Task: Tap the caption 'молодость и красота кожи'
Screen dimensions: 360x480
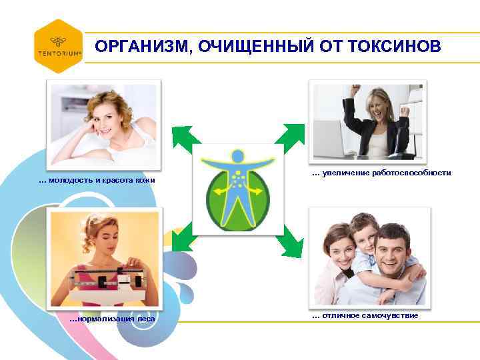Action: click(x=101, y=181)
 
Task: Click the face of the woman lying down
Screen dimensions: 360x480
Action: click(x=111, y=116)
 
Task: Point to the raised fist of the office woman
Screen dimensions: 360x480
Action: click(x=356, y=89)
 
